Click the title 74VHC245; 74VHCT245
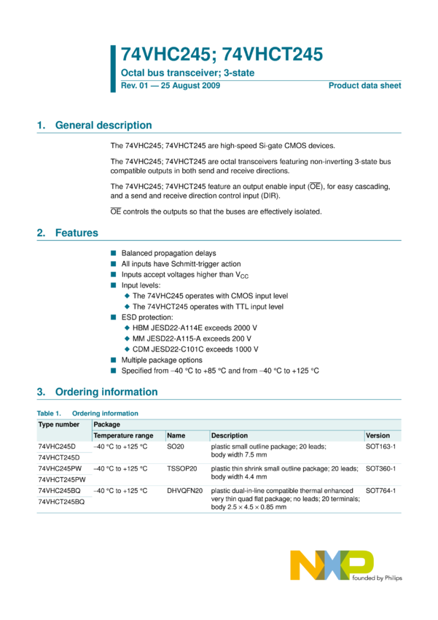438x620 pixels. (x=222, y=54)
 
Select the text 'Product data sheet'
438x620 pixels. (x=364, y=86)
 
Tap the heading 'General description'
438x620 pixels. (x=103, y=125)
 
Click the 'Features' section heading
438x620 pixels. (x=77, y=233)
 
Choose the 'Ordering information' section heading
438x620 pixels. (x=106, y=392)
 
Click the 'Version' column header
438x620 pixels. (x=378, y=435)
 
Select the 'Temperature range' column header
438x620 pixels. (x=123, y=435)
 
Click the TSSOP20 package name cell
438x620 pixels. (x=182, y=468)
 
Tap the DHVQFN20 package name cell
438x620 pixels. (x=185, y=491)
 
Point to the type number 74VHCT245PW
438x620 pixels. (x=62, y=479)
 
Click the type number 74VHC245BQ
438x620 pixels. (x=60, y=491)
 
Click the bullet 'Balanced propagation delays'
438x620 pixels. (x=168, y=253)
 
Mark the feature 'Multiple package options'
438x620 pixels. (x=162, y=360)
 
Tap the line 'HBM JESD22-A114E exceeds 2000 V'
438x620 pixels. (x=195, y=328)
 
